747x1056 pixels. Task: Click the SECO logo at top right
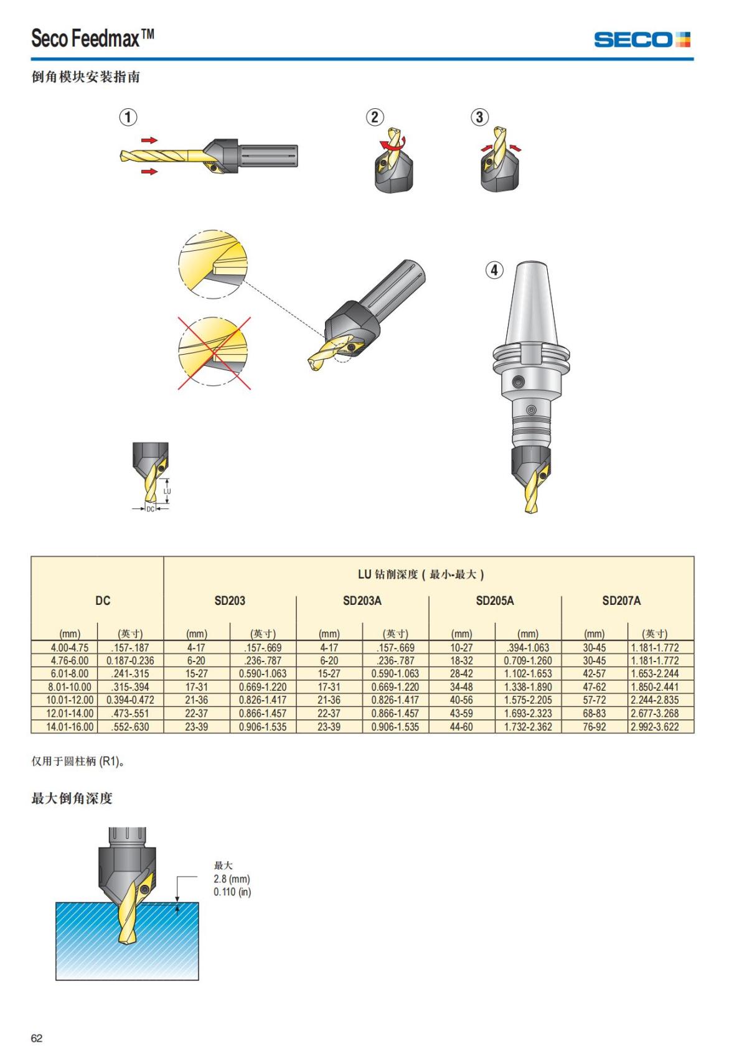coord(642,40)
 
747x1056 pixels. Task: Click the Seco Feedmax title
coord(92,39)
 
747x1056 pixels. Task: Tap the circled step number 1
coord(128,117)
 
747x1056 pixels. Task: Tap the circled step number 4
coord(494,270)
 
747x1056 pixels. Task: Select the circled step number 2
coord(374,117)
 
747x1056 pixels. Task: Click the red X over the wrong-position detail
coord(214,353)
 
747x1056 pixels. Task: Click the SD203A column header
coord(362,600)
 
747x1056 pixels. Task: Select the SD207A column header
coord(621,600)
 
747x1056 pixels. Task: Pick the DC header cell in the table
coord(103,600)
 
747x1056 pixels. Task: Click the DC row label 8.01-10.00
coord(70,687)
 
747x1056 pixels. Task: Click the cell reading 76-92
coord(594,727)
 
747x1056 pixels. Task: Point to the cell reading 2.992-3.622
coord(655,727)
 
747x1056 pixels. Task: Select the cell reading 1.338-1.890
coord(528,687)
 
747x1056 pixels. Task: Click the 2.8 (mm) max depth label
coord(232,879)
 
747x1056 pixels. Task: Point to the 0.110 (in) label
coord(232,892)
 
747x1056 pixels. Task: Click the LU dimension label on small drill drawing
coord(167,491)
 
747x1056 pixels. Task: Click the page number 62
coord(37,1038)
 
